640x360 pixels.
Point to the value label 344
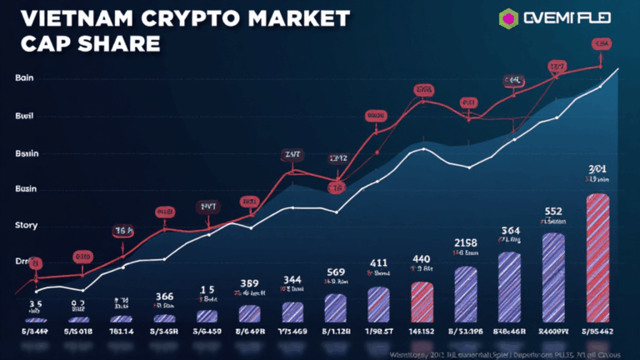[x=292, y=279]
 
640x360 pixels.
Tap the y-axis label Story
[x=27, y=225]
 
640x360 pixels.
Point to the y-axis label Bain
[x=24, y=77]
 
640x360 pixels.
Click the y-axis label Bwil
[x=25, y=117]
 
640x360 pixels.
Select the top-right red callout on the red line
[x=601, y=43]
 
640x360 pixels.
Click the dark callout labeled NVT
[x=207, y=206]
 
